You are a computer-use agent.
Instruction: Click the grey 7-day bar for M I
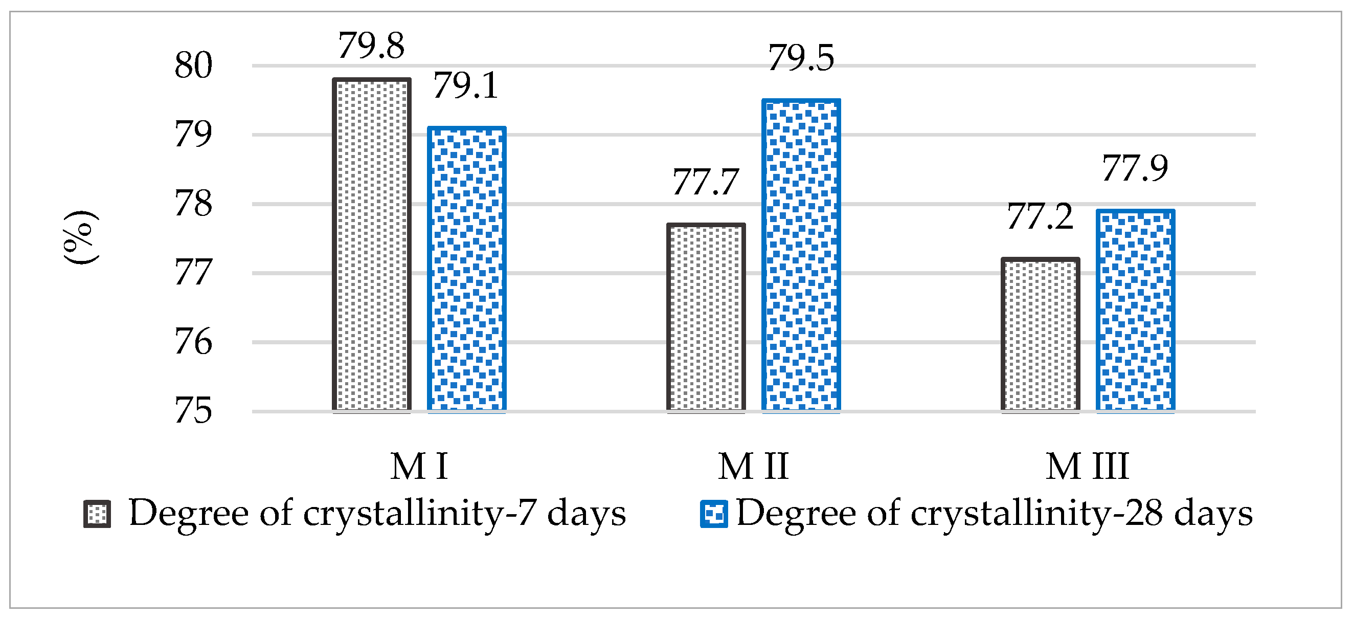click(371, 245)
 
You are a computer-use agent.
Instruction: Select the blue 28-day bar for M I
click(466, 269)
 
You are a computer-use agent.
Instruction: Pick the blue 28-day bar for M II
click(800, 255)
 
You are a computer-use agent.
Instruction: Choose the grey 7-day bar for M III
click(1040, 335)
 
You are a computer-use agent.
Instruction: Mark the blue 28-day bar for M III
click(1135, 310)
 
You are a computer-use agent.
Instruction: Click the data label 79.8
click(371, 46)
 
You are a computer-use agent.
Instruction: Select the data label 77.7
click(705, 182)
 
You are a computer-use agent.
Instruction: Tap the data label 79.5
click(800, 58)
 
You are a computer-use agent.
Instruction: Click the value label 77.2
click(1040, 216)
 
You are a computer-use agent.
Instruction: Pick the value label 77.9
click(1135, 169)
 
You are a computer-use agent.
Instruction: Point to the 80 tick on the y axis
click(193, 65)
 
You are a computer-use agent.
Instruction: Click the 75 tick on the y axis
click(193, 410)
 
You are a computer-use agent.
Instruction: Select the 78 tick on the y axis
click(193, 204)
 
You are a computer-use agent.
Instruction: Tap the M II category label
click(753, 466)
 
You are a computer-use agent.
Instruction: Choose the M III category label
click(1087, 466)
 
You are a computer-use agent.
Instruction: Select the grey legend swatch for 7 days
click(97, 514)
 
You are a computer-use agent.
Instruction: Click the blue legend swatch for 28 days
click(713, 514)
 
